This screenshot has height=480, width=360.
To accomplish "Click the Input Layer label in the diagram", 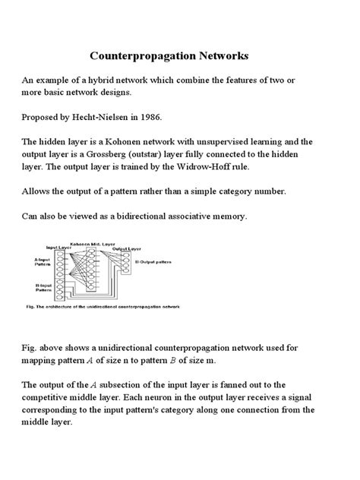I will [58, 247].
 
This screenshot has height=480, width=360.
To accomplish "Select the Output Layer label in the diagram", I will [126, 248].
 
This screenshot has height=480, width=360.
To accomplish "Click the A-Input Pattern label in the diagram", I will [43, 263].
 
